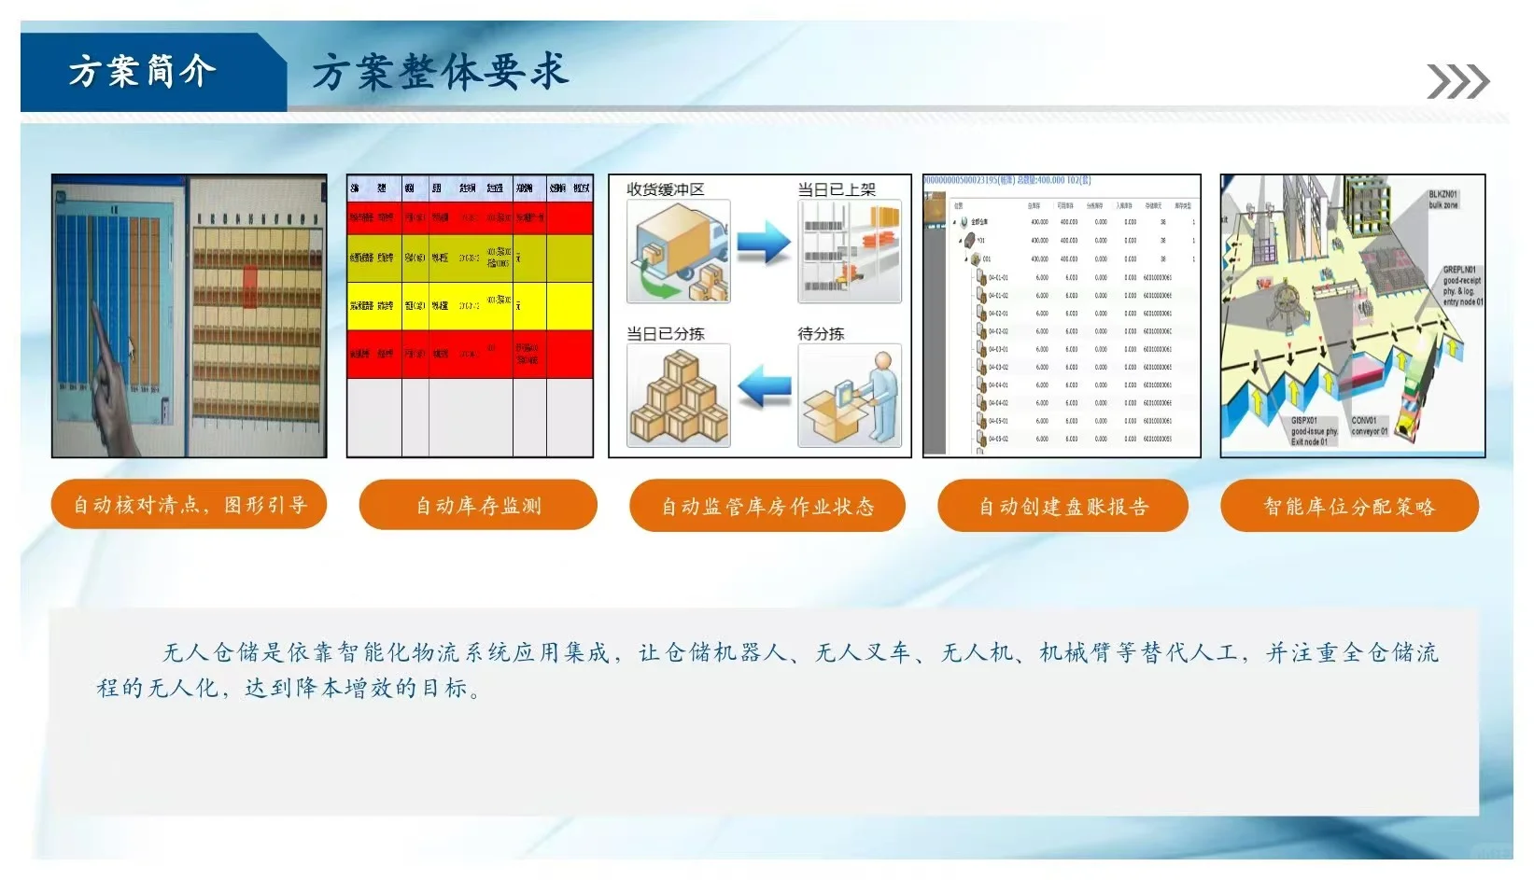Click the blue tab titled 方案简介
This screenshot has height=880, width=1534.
click(x=142, y=72)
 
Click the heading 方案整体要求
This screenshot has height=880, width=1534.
click(x=439, y=72)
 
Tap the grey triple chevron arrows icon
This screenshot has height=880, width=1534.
click(x=1457, y=82)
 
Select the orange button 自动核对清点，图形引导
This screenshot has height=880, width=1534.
click(x=190, y=505)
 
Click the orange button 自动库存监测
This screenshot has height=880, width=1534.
click(x=478, y=506)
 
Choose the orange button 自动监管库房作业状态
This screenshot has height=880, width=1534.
click(x=767, y=507)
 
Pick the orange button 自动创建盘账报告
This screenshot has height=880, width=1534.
click(x=1063, y=507)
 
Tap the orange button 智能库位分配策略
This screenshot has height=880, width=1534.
click(x=1349, y=507)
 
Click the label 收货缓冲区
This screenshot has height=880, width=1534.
click(x=665, y=189)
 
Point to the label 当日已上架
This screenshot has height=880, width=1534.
click(x=836, y=189)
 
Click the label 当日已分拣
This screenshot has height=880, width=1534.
click(x=665, y=333)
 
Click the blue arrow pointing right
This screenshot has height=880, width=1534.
click(x=764, y=243)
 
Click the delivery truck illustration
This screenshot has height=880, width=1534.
click(x=679, y=251)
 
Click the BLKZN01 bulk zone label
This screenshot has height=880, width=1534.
click(x=1443, y=200)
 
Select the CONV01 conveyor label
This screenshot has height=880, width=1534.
click(x=1369, y=426)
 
